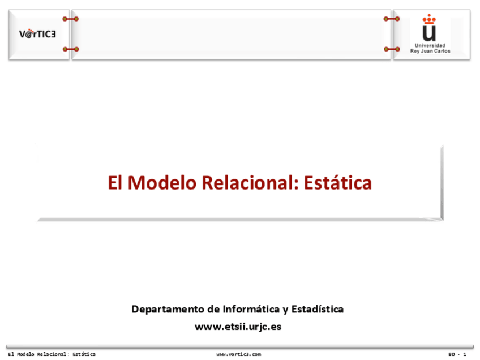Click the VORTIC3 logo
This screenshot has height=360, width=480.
(38, 34)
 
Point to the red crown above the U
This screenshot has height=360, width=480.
(430, 19)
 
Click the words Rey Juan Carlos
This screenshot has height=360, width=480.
(430, 51)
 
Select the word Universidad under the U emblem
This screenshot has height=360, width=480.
(430, 45)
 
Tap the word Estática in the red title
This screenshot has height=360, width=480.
(338, 183)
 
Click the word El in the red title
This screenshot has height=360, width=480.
(115, 183)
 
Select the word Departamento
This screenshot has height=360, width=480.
(166, 310)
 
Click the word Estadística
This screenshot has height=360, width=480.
(318, 309)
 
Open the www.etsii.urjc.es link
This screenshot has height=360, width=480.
(238, 327)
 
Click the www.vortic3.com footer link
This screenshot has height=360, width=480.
(238, 354)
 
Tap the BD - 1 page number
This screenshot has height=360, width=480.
(457, 354)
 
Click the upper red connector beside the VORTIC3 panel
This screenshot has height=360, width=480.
(71, 19)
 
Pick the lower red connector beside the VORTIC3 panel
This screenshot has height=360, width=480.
(71, 49)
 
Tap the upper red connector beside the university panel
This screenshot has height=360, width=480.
(392, 19)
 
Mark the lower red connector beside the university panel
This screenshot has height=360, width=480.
(392, 49)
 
